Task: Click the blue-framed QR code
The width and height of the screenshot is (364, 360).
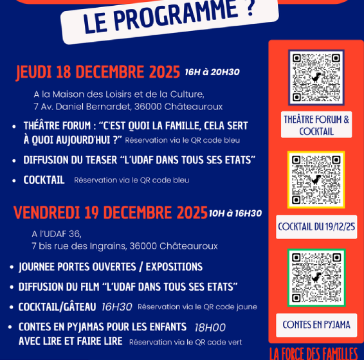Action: pyautogui.click(x=316, y=77)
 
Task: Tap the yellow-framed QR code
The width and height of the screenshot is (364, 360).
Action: pyautogui.click(x=316, y=180)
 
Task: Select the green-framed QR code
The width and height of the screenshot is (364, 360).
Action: pyautogui.click(x=316, y=277)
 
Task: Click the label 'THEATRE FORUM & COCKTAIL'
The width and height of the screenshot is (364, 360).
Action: pyautogui.click(x=316, y=125)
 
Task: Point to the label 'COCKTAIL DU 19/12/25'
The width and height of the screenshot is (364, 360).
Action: pyautogui.click(x=316, y=227)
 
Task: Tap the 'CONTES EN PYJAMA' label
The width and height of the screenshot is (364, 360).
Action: pyautogui.click(x=316, y=325)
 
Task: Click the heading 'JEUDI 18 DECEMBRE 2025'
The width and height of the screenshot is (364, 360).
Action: pyautogui.click(x=98, y=71)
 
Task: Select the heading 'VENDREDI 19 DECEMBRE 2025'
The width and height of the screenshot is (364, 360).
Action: pyautogui.click(x=110, y=212)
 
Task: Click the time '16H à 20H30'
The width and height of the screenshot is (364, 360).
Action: pyautogui.click(x=212, y=72)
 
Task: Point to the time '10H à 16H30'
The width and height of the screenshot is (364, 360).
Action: pyautogui.click(x=235, y=213)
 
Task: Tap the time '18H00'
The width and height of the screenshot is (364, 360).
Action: pyautogui.click(x=210, y=327)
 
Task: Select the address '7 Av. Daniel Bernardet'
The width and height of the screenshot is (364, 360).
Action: pyautogui.click(x=80, y=107)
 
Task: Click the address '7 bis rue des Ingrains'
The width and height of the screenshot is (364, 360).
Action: pyautogui.click(x=77, y=246)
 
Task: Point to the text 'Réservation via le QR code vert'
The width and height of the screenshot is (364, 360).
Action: pyautogui.click(x=185, y=342)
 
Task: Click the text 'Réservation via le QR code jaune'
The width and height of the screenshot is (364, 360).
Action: pyautogui.click(x=197, y=307)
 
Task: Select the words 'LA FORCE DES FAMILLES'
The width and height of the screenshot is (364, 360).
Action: pyautogui.click(x=313, y=353)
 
